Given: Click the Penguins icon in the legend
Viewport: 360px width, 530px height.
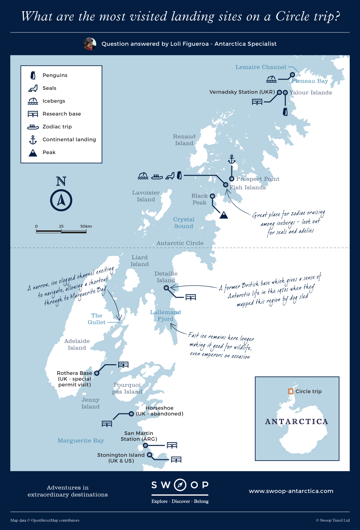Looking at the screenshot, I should (x=33, y=75).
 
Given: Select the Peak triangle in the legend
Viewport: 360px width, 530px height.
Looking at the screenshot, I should (x=33, y=153).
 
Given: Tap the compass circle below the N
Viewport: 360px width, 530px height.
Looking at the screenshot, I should (x=61, y=200).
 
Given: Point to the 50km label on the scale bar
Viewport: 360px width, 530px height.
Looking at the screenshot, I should (x=86, y=226).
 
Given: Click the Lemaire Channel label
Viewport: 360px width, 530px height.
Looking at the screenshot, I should (x=261, y=67).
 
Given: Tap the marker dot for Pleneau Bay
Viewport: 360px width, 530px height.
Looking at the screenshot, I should (x=292, y=75).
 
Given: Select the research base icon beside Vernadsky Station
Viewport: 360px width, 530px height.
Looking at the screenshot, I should (x=257, y=102).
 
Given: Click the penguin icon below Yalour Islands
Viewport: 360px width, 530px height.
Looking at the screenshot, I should (x=285, y=111).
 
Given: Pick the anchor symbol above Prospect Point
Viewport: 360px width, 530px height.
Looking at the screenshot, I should (x=231, y=159).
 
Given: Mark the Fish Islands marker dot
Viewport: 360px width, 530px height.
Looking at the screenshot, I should (x=226, y=185).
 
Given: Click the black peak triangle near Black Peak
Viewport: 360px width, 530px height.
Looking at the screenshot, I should (x=224, y=215).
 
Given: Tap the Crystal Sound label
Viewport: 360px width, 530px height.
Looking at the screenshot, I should (x=184, y=223).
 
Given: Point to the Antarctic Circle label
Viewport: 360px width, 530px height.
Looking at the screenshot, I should (x=180, y=243).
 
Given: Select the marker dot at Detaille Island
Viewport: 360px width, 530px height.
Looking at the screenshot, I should (x=166, y=288).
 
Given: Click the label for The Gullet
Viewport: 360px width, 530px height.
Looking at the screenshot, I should (x=96, y=319).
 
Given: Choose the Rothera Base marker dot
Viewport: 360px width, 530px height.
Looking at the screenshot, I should (x=97, y=373).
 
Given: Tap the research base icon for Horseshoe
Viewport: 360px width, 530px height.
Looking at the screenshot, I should (x=107, y=424).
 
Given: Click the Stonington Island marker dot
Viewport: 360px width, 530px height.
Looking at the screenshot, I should (x=149, y=455).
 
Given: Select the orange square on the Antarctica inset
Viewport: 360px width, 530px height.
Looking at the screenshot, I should (x=291, y=391).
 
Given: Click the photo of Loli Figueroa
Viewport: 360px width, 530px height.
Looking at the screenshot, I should (x=90, y=44).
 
